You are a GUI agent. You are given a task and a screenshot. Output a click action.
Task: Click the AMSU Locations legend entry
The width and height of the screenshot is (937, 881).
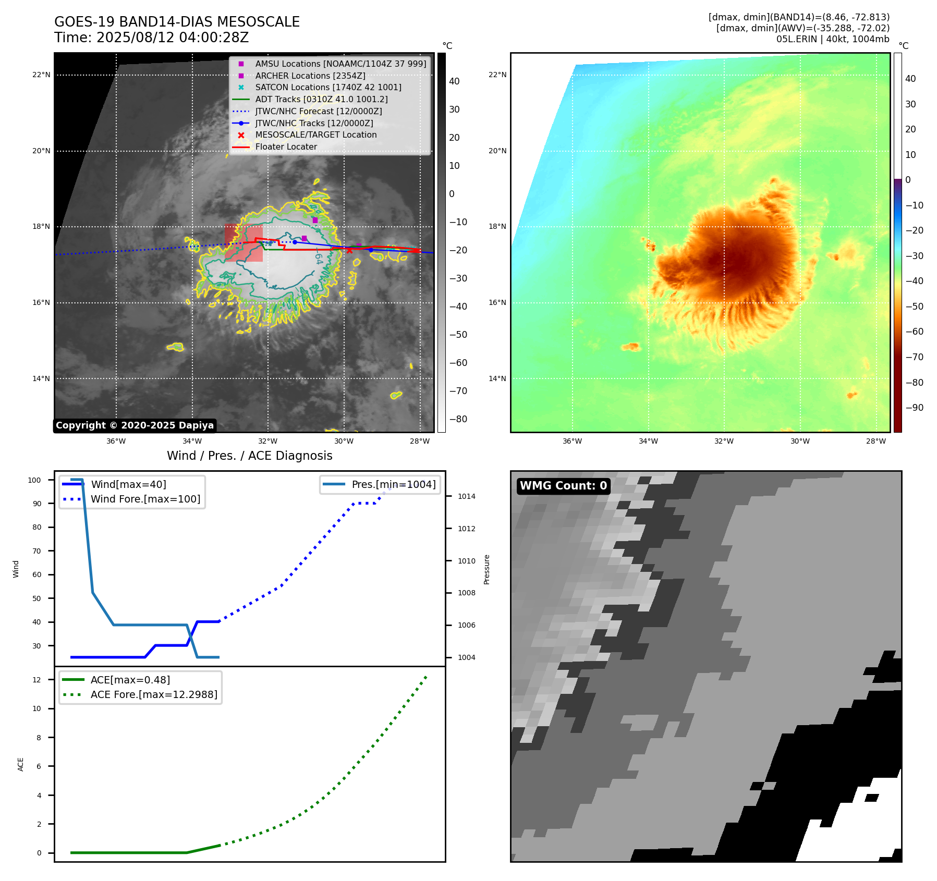click(x=340, y=64)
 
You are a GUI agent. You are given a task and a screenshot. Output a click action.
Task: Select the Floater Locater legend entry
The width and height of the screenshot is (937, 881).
click(x=286, y=146)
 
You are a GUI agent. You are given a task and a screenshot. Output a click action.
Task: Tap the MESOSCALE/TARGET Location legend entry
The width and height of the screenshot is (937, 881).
click(x=315, y=134)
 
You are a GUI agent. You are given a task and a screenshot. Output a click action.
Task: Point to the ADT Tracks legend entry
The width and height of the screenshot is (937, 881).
click(x=321, y=99)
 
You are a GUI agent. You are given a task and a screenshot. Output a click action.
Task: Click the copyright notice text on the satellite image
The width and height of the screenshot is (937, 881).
click(x=135, y=425)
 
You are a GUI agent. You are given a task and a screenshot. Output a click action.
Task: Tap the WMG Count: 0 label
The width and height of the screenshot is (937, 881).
click(x=563, y=485)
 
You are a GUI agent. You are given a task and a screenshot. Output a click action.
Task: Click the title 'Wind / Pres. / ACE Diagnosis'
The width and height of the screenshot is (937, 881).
click(x=249, y=456)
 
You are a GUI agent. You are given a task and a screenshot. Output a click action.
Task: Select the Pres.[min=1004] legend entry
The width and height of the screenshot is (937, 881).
click(x=393, y=484)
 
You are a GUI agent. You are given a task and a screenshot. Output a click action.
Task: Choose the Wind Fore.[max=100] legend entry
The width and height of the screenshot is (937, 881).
click(x=145, y=499)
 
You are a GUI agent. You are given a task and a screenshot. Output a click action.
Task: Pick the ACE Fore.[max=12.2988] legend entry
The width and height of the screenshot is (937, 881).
click(x=154, y=694)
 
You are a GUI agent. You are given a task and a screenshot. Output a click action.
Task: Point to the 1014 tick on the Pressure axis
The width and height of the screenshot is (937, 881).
click(x=466, y=496)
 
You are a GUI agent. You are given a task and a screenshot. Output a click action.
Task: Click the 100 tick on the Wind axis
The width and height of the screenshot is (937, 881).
click(x=34, y=480)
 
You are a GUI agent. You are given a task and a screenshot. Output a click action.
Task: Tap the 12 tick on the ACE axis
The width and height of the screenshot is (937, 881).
click(x=36, y=680)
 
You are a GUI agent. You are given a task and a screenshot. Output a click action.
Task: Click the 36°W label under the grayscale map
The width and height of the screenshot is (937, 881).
click(x=116, y=441)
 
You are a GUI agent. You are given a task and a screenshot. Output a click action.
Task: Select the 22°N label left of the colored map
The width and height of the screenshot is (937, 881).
click(x=497, y=75)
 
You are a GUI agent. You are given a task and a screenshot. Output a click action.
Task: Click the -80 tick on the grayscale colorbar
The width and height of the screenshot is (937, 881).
click(x=458, y=419)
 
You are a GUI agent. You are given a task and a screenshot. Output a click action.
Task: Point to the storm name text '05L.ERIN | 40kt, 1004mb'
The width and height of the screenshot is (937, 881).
click(x=833, y=39)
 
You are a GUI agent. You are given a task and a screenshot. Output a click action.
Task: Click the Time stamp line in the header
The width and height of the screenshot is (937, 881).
click(x=151, y=38)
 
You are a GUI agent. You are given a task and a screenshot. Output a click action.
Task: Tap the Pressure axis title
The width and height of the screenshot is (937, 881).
click(x=486, y=569)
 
